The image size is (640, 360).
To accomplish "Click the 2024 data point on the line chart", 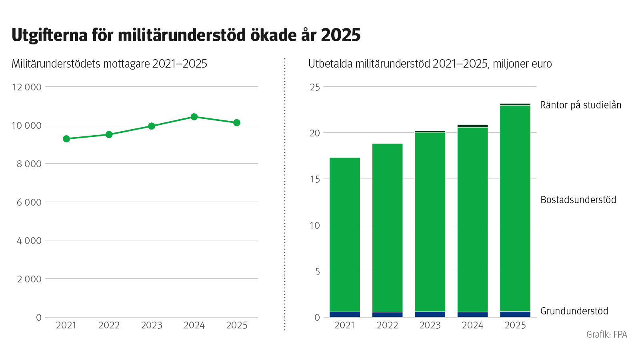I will [194, 117].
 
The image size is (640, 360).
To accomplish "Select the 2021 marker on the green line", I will [66, 139].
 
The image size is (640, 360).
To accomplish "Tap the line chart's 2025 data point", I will [237, 123].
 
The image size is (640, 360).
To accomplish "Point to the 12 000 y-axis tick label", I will [26, 87].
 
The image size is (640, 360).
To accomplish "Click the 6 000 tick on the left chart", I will [29, 202].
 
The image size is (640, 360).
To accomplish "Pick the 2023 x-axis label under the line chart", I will [152, 325].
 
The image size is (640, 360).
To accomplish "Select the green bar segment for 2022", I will [387, 228].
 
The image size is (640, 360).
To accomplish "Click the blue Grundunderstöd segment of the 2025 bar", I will [515, 314].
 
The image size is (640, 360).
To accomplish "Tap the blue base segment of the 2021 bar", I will [345, 314].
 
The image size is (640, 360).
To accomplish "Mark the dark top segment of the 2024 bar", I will [472, 126].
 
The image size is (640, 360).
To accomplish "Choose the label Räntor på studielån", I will [580, 105].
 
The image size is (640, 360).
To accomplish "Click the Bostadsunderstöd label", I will [578, 200].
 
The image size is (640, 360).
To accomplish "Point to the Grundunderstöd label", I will [574, 311].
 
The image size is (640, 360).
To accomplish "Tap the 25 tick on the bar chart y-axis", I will [315, 87].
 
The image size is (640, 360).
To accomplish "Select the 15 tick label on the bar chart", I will [315, 179].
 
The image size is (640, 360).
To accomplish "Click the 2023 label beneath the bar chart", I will [430, 325].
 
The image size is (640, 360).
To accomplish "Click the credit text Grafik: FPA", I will [606, 334].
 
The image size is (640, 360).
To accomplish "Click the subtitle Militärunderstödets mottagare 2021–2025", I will [109, 64].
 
